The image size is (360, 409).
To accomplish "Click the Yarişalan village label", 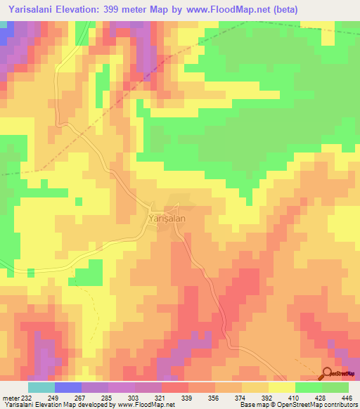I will point(167,219).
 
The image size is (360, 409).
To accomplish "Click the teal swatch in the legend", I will point(41,387).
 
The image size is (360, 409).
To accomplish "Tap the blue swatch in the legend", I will point(68,387).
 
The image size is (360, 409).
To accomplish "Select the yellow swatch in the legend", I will point(282,387).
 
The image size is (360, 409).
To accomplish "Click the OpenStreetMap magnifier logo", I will point(328,373).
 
